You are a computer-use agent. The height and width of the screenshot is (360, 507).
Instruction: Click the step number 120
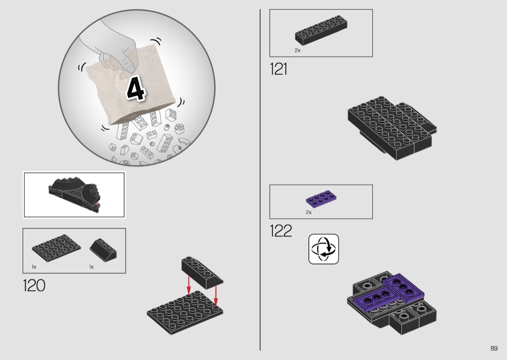coord(34,285)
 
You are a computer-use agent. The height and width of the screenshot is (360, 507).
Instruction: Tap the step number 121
coord(279,69)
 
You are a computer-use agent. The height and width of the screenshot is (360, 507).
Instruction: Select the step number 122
coord(281,231)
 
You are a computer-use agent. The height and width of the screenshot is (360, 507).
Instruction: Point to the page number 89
coord(494,348)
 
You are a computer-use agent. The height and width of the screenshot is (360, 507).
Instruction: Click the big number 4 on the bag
coord(136,88)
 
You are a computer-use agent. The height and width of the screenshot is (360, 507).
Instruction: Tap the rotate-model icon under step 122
coord(324,249)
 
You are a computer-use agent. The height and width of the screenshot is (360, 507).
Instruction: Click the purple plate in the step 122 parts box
coord(321,198)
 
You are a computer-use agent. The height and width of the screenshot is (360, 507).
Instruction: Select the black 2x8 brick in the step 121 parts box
coord(321,30)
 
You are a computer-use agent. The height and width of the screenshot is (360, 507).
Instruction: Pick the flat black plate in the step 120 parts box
coord(56,248)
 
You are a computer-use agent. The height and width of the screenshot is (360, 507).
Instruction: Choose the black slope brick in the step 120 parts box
coord(103,249)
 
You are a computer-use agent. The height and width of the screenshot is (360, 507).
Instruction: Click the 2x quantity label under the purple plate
coord(309,212)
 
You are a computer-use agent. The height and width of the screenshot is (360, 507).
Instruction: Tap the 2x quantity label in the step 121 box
coord(297,50)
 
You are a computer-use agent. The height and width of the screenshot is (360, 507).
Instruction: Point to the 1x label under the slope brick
coord(92,267)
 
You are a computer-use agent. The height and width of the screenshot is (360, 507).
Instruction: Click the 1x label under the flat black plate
coord(34,267)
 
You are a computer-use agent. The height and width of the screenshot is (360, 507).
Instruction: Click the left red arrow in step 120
coord(189,285)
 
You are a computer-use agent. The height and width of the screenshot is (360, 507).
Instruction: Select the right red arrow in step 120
coord(216,294)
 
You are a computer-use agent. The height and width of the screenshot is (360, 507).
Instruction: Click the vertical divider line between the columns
coord(260,180)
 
